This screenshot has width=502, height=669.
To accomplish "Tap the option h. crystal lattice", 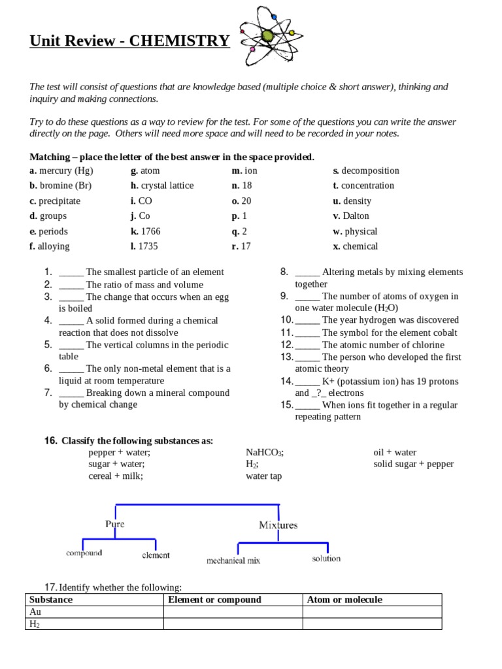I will coord(162,186).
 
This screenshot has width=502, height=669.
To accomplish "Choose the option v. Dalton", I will coord(351,216).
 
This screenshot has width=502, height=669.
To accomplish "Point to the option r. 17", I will coord(241,246).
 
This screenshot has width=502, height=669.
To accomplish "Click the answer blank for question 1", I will coord(71,272).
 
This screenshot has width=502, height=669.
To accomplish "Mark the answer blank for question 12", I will coord(307,345).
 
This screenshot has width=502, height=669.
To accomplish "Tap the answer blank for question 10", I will coord(307,320).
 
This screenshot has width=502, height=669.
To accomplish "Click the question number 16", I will coord(51,441).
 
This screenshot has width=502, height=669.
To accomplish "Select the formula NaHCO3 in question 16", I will coord(265,452).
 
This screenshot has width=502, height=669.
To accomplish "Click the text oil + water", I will coord(395,452).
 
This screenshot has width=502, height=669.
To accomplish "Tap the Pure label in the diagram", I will coord(114,524).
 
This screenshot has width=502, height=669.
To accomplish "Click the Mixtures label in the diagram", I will coord(278,525).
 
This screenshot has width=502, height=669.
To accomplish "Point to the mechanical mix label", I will coord(233,561).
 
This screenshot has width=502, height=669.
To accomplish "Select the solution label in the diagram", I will coord(326,559).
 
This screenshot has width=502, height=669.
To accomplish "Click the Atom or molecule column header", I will coord(344,600).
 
